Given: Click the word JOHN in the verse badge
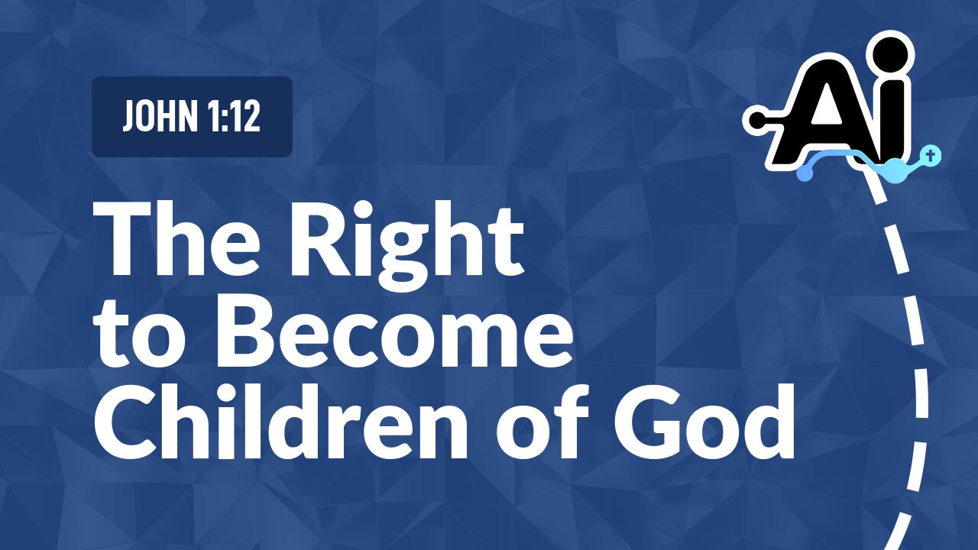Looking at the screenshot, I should (156, 118).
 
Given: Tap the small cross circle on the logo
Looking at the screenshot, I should (931, 155).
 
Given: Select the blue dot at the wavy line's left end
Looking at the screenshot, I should (804, 174).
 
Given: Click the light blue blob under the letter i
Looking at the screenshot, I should (892, 168).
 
